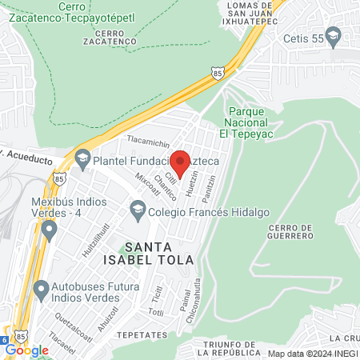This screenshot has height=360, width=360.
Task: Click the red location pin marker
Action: coord(180,162)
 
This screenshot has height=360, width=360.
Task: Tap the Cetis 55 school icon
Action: coord(334,35)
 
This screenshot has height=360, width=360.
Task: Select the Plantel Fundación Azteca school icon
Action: coord(82,160)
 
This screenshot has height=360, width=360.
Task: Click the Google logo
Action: coord(26,350)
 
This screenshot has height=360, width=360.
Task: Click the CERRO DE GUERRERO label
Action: coord(287,231)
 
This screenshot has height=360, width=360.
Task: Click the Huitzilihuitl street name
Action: coord(102,239)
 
